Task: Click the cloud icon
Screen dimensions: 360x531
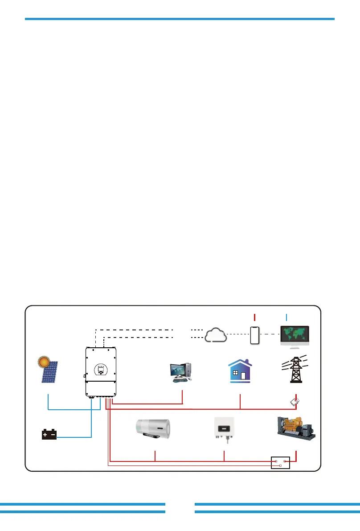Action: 216,335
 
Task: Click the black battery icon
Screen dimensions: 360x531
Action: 49,435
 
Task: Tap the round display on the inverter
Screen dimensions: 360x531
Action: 100,369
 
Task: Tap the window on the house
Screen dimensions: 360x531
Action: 235,373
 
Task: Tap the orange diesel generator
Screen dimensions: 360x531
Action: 295,428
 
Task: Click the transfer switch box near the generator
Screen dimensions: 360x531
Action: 281,463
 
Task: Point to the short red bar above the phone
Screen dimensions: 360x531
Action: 255,317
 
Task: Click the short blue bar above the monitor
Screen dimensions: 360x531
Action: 286,317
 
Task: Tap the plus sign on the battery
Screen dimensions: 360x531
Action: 45,434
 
